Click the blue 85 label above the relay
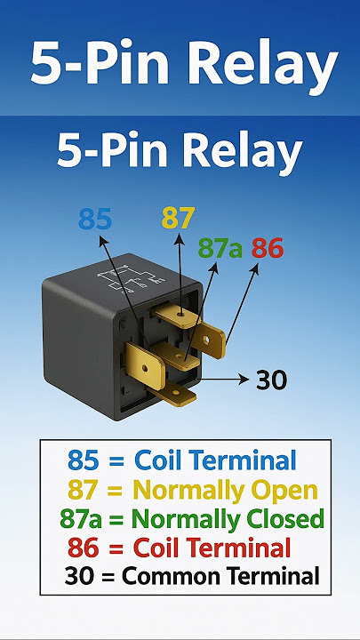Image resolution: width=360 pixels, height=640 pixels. pyautogui.click(x=95, y=220)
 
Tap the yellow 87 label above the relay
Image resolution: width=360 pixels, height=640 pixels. pyautogui.click(x=178, y=218)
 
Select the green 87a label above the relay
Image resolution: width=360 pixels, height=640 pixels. pyautogui.click(x=220, y=248)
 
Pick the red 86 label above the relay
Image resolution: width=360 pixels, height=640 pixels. pyautogui.click(x=268, y=248)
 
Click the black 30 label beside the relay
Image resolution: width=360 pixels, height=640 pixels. pyautogui.click(x=271, y=380)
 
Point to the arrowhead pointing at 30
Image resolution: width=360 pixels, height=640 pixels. pyautogui.click(x=244, y=380)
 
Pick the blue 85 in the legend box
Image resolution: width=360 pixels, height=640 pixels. pyautogui.click(x=84, y=460)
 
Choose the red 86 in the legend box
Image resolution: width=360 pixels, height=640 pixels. pyautogui.click(x=84, y=548)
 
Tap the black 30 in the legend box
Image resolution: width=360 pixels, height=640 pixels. pyautogui.click(x=79, y=576)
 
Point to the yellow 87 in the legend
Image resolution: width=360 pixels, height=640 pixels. pyautogui.click(x=84, y=490)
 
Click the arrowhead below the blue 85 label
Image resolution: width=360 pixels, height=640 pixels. pyautogui.click(x=101, y=240)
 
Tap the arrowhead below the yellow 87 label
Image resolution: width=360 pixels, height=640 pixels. pyautogui.click(x=178, y=239)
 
